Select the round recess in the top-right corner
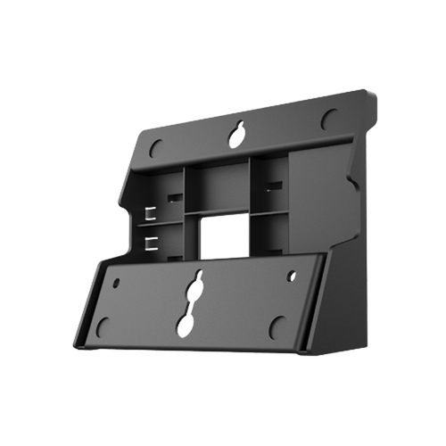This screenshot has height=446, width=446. click(x=328, y=118)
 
